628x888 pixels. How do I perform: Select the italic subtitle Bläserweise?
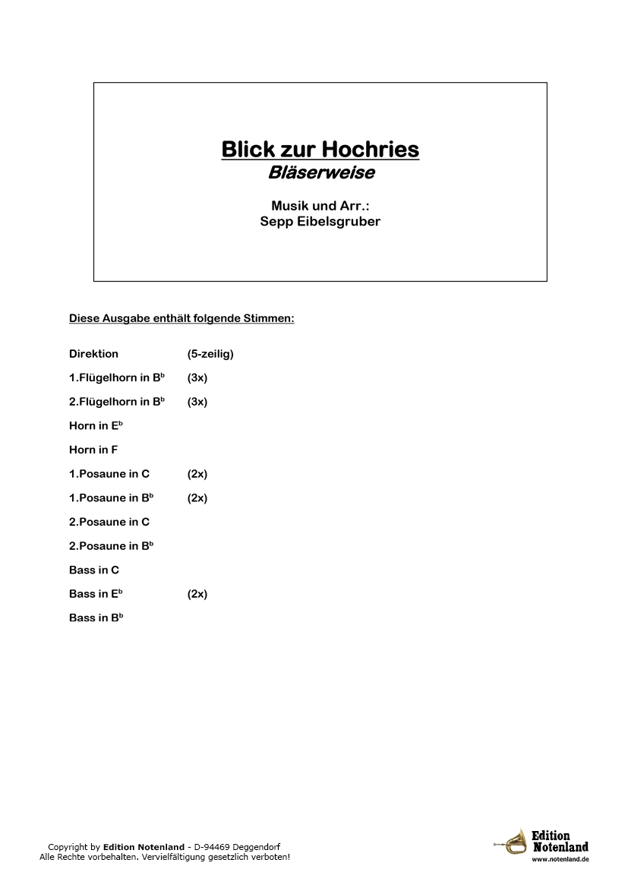320,173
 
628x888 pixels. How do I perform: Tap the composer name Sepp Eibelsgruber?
320,222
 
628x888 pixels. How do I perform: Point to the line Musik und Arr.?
320,206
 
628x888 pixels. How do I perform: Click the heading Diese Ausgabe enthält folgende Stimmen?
181,318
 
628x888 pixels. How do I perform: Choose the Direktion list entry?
93,354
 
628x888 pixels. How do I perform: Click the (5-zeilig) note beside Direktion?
210,354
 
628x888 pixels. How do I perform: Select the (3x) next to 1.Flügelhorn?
197,378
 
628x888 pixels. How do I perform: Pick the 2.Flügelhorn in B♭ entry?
117,402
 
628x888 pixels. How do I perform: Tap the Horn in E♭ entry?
96,426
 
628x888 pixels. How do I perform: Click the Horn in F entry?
93,450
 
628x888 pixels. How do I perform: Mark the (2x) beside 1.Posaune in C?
197,474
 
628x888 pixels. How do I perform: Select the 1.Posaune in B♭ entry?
111,498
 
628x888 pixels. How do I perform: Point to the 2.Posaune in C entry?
109,522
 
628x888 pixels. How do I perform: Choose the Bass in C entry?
94,570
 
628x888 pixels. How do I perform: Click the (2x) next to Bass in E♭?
197,594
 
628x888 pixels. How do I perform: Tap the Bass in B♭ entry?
96,618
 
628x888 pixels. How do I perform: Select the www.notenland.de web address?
560,859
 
